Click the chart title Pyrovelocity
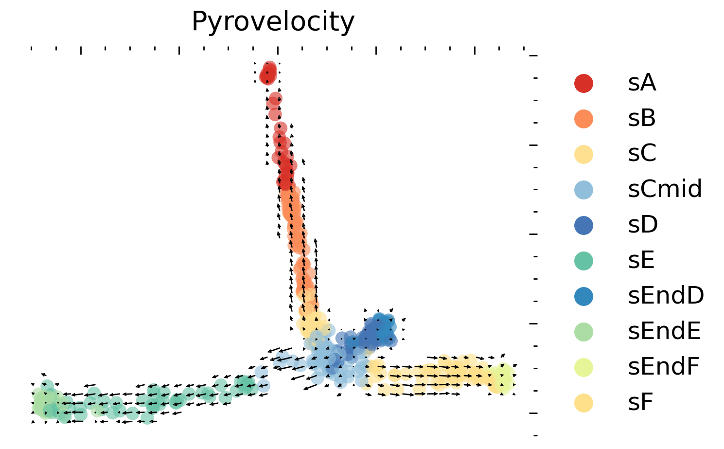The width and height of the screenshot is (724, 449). tap(273, 22)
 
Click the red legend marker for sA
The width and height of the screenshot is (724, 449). tap(583, 83)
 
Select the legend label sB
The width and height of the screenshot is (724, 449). tap(642, 118)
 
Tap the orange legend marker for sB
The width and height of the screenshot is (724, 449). tap(583, 119)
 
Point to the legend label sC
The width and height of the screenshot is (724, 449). tap(642, 154)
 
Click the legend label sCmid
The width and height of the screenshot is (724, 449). tap(665, 189)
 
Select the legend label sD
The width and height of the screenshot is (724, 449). tap(643, 225)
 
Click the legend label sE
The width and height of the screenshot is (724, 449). tap(641, 260)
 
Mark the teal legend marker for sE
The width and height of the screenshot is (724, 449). tap(583, 261)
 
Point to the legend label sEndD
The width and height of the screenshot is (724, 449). tap(666, 296)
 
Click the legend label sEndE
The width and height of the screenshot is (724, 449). tap(664, 331)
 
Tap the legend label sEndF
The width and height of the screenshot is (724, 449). tap(663, 367)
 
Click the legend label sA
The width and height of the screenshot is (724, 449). tap(642, 83)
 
